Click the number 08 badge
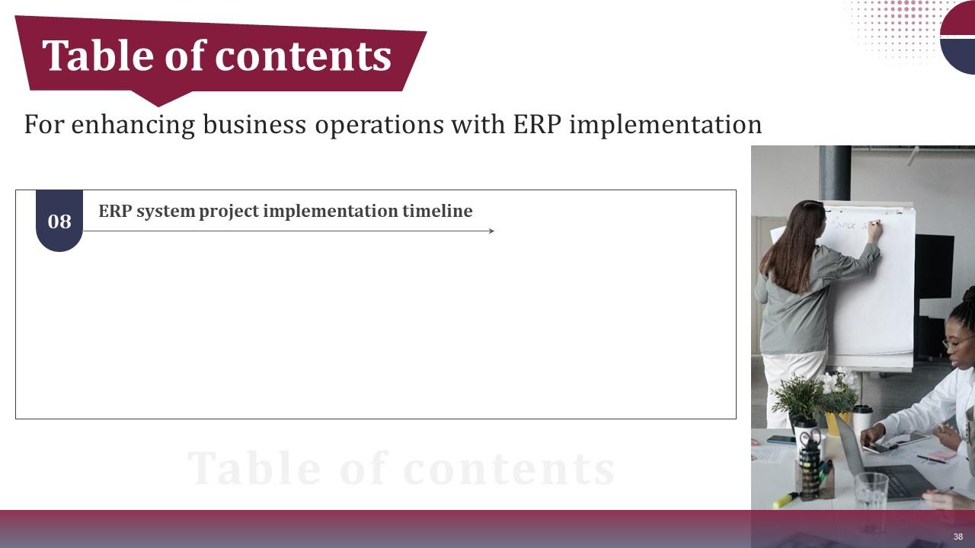[x=59, y=221]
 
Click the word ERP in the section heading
[x=115, y=211]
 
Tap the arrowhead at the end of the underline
[x=491, y=231]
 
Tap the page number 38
[x=958, y=537]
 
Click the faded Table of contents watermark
[x=401, y=468]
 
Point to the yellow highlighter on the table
[x=785, y=500]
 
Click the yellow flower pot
[x=836, y=423]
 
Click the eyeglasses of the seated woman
[x=954, y=343]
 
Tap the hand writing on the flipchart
[x=874, y=225]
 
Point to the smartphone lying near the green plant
[x=781, y=439]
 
